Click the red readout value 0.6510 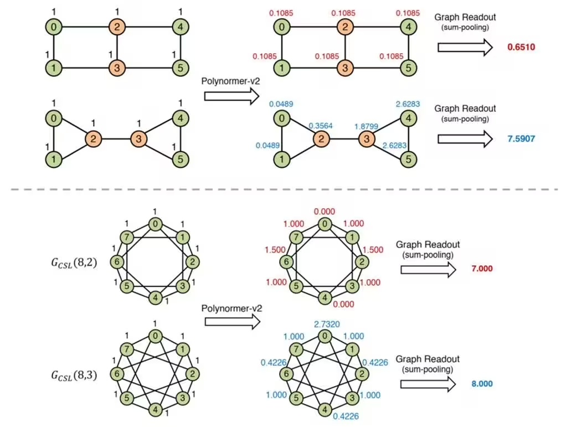tap(522, 47)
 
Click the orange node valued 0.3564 tap(320, 138)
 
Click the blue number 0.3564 tap(321, 125)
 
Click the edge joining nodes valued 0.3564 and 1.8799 tap(343, 138)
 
